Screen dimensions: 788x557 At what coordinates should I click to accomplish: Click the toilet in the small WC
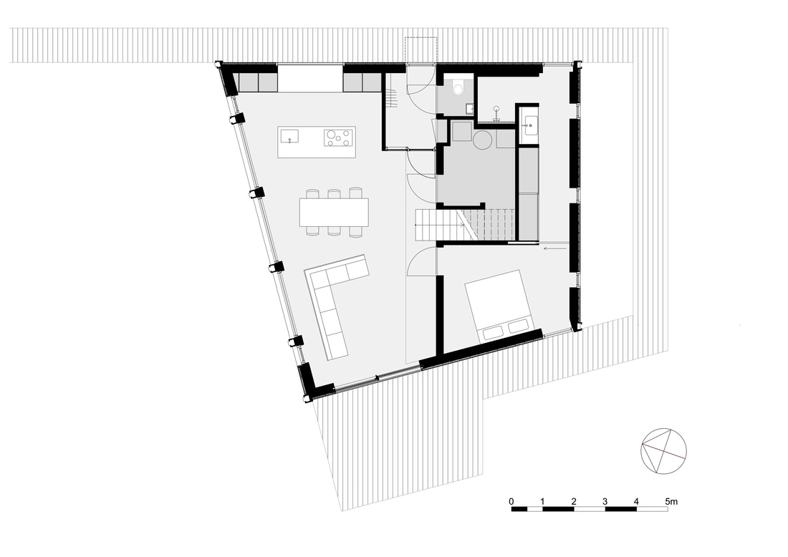click(458, 87)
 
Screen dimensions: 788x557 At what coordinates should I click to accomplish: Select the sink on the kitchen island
click(289, 136)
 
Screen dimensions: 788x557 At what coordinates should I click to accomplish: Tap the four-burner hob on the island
click(337, 137)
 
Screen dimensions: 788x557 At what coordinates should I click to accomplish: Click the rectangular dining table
click(334, 212)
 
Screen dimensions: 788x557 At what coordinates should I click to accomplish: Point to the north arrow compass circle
click(663, 451)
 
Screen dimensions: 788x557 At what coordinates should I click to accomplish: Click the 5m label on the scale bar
click(671, 501)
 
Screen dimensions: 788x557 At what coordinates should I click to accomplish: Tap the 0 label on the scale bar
click(511, 501)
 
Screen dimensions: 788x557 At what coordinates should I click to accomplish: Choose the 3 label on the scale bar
click(605, 501)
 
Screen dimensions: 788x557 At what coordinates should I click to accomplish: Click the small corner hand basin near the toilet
click(469, 107)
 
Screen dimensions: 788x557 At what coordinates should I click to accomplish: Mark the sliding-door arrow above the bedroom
click(555, 248)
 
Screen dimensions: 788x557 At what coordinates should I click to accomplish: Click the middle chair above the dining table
click(334, 193)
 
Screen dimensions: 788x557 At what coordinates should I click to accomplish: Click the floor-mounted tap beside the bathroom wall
click(496, 112)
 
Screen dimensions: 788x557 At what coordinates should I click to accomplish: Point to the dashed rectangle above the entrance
click(422, 50)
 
